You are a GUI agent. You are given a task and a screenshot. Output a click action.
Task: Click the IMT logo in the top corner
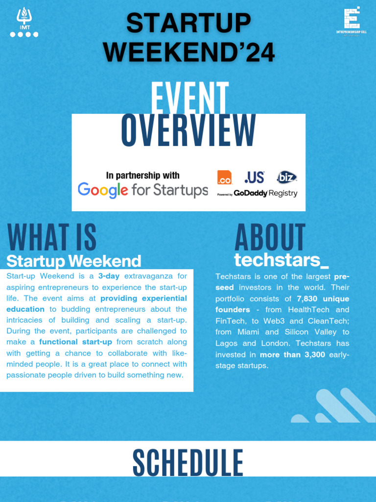point(24,23)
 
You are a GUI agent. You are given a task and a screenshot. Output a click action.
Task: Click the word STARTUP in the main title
point(188,24)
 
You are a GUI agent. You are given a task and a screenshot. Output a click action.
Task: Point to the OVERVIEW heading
point(188,131)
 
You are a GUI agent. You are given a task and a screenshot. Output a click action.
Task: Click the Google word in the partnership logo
point(103,190)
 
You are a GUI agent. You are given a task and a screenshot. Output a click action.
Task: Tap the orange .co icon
point(224,177)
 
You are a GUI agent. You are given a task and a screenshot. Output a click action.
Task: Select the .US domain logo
point(254,177)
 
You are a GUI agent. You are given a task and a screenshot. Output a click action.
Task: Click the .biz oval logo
point(286,177)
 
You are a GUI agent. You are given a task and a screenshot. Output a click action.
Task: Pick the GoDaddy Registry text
point(265,194)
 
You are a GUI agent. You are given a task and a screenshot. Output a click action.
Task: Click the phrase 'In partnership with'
point(142,176)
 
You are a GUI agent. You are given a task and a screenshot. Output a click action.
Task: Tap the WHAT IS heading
point(52,238)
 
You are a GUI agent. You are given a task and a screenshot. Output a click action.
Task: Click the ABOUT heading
point(270,238)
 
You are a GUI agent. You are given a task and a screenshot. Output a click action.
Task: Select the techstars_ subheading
point(281,260)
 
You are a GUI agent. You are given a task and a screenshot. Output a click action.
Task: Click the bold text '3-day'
point(109,276)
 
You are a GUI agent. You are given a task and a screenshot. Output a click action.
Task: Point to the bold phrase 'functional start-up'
point(75,342)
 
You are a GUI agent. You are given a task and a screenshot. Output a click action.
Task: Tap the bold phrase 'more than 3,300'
point(292,354)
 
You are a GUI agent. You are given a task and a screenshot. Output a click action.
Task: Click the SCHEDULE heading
point(188,462)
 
